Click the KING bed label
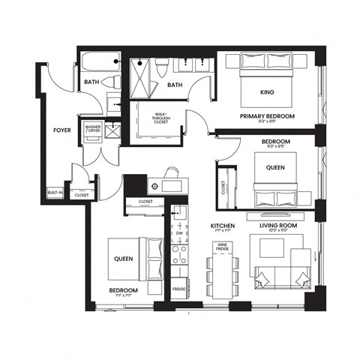267,92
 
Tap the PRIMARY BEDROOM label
267,117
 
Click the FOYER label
61,130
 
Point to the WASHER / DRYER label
93,130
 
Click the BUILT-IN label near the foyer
55,193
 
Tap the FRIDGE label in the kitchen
179,289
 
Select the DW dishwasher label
179,233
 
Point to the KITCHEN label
223,225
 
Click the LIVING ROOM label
278,225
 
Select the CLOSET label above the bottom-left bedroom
145,202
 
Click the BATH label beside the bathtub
92,82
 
